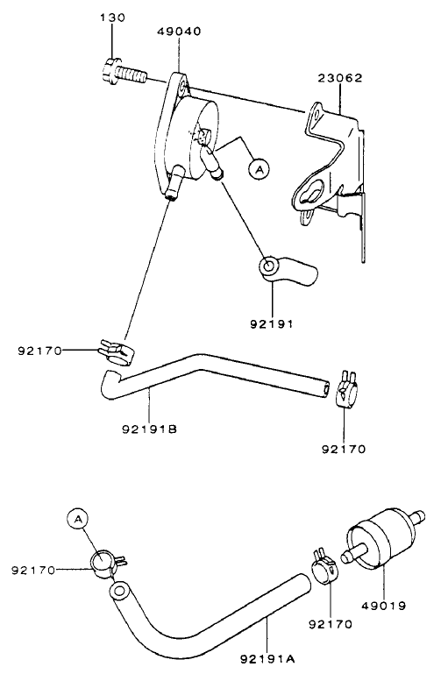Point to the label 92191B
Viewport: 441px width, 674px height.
pyautogui.click(x=150, y=429)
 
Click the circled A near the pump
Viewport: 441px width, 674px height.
pyautogui.click(x=258, y=168)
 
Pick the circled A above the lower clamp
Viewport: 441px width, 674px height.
pyautogui.click(x=77, y=520)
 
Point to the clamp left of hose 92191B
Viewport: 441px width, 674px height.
pyautogui.click(x=114, y=351)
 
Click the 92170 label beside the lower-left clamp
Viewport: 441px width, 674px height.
pyautogui.click(x=33, y=571)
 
